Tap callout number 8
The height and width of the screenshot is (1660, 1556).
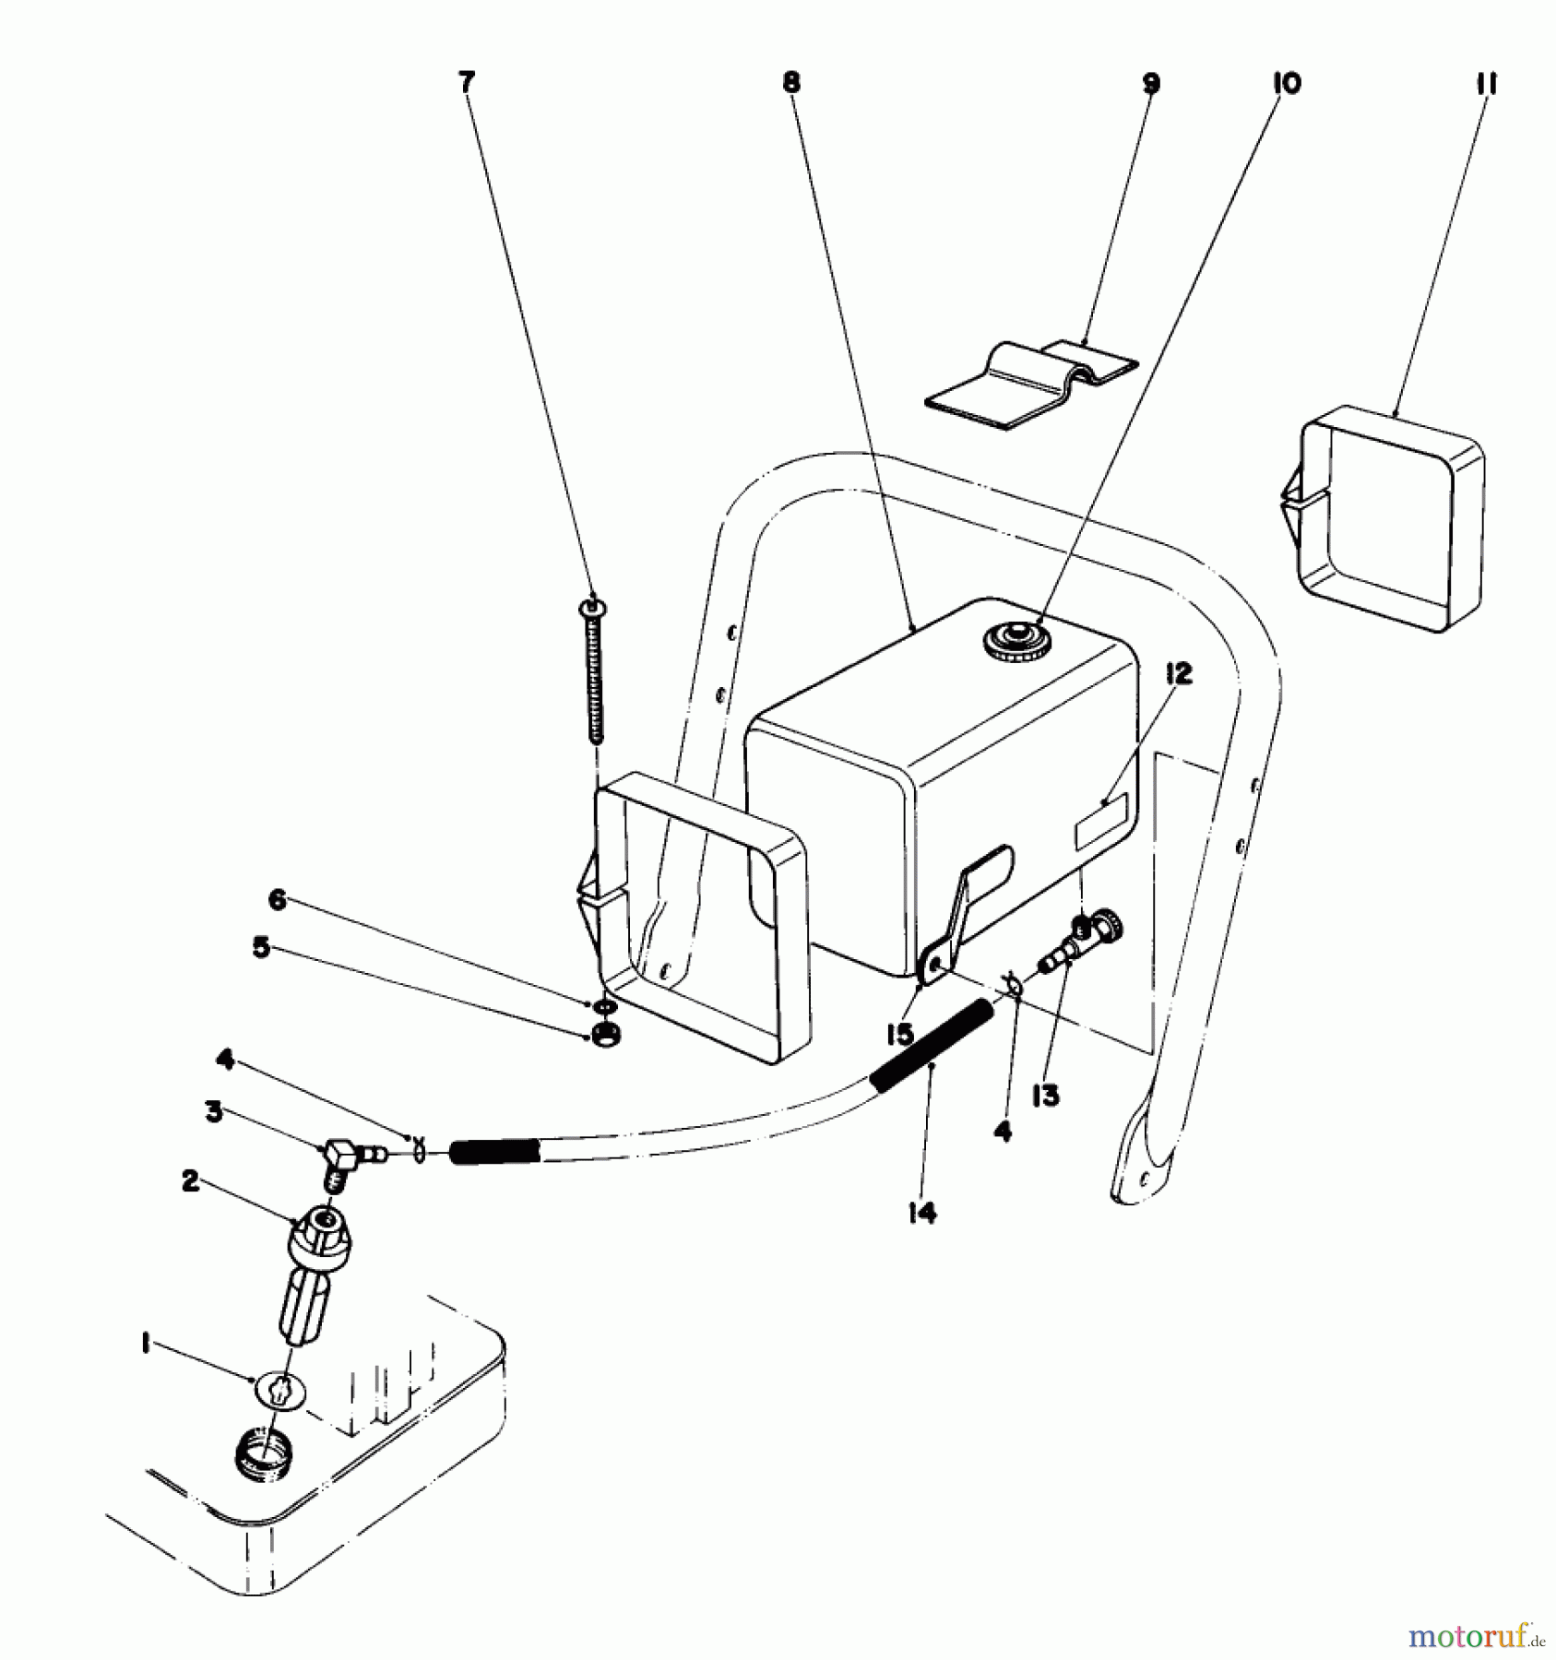coord(790,83)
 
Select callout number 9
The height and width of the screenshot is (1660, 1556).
coord(1150,84)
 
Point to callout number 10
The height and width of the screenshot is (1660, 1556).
coord(1286,84)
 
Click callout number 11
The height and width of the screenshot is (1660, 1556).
coord(1485,84)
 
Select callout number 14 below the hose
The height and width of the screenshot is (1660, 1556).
coord(921,1214)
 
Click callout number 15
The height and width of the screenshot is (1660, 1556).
coord(899,1034)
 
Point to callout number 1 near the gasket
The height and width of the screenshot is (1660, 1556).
coord(146,1346)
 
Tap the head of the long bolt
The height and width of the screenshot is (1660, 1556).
coord(591,608)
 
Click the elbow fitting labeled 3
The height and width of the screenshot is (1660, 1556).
coord(341,1156)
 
